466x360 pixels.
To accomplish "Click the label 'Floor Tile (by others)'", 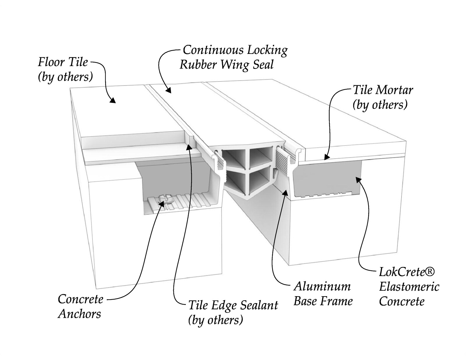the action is pos(66,69).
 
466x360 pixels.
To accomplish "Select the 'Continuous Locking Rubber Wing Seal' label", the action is pos(234,57).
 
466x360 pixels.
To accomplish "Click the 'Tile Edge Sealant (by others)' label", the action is pos(233,313).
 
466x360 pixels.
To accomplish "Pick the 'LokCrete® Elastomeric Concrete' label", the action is pos(409,287).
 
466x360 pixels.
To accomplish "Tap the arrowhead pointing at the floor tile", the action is pos(112,100).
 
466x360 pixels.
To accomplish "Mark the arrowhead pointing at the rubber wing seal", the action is pos(168,90).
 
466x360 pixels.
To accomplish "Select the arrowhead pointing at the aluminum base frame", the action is pos(285,192).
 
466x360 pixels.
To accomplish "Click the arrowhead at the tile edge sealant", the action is pos(189,147).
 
